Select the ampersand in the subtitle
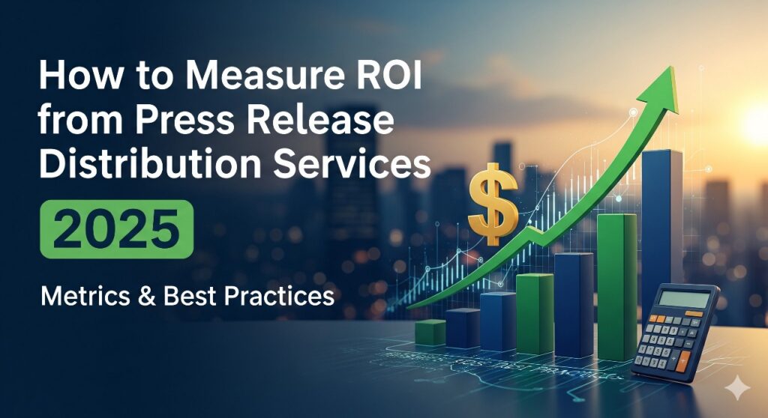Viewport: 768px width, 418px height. tap(143, 296)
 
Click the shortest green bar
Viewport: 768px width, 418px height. tap(430, 332)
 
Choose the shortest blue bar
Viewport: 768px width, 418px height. tap(463, 328)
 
